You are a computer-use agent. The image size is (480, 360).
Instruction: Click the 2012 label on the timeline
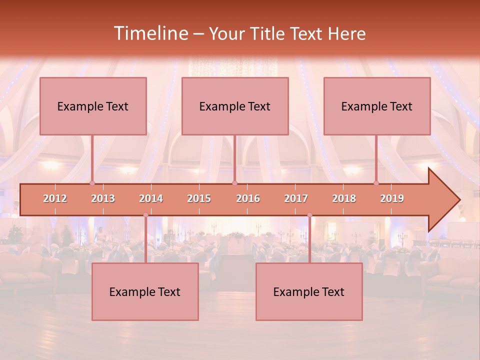55,198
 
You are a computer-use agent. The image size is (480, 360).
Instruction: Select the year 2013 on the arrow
103,198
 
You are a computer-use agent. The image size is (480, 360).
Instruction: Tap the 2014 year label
151,198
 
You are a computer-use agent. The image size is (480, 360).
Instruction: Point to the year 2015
199,198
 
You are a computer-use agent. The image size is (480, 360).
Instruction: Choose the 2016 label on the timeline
248,198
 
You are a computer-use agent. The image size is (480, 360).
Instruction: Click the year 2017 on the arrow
296,198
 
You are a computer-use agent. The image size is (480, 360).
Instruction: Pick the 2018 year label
344,198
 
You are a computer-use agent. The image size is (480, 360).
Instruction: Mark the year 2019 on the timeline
392,198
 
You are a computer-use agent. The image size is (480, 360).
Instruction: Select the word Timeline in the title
150,33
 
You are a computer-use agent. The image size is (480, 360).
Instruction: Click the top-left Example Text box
93,106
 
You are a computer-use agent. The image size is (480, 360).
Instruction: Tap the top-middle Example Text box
235,106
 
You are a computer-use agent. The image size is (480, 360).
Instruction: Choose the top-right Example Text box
377,106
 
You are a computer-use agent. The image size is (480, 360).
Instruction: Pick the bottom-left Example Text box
145,291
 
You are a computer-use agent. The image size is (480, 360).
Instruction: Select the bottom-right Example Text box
309,291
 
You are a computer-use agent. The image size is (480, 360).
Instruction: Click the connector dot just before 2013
92,183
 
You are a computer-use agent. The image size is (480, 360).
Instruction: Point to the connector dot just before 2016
234,183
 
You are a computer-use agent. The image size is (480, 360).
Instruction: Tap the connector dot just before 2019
376,183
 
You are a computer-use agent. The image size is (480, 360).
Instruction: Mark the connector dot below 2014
145,215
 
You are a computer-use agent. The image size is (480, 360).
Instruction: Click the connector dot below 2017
309,215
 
